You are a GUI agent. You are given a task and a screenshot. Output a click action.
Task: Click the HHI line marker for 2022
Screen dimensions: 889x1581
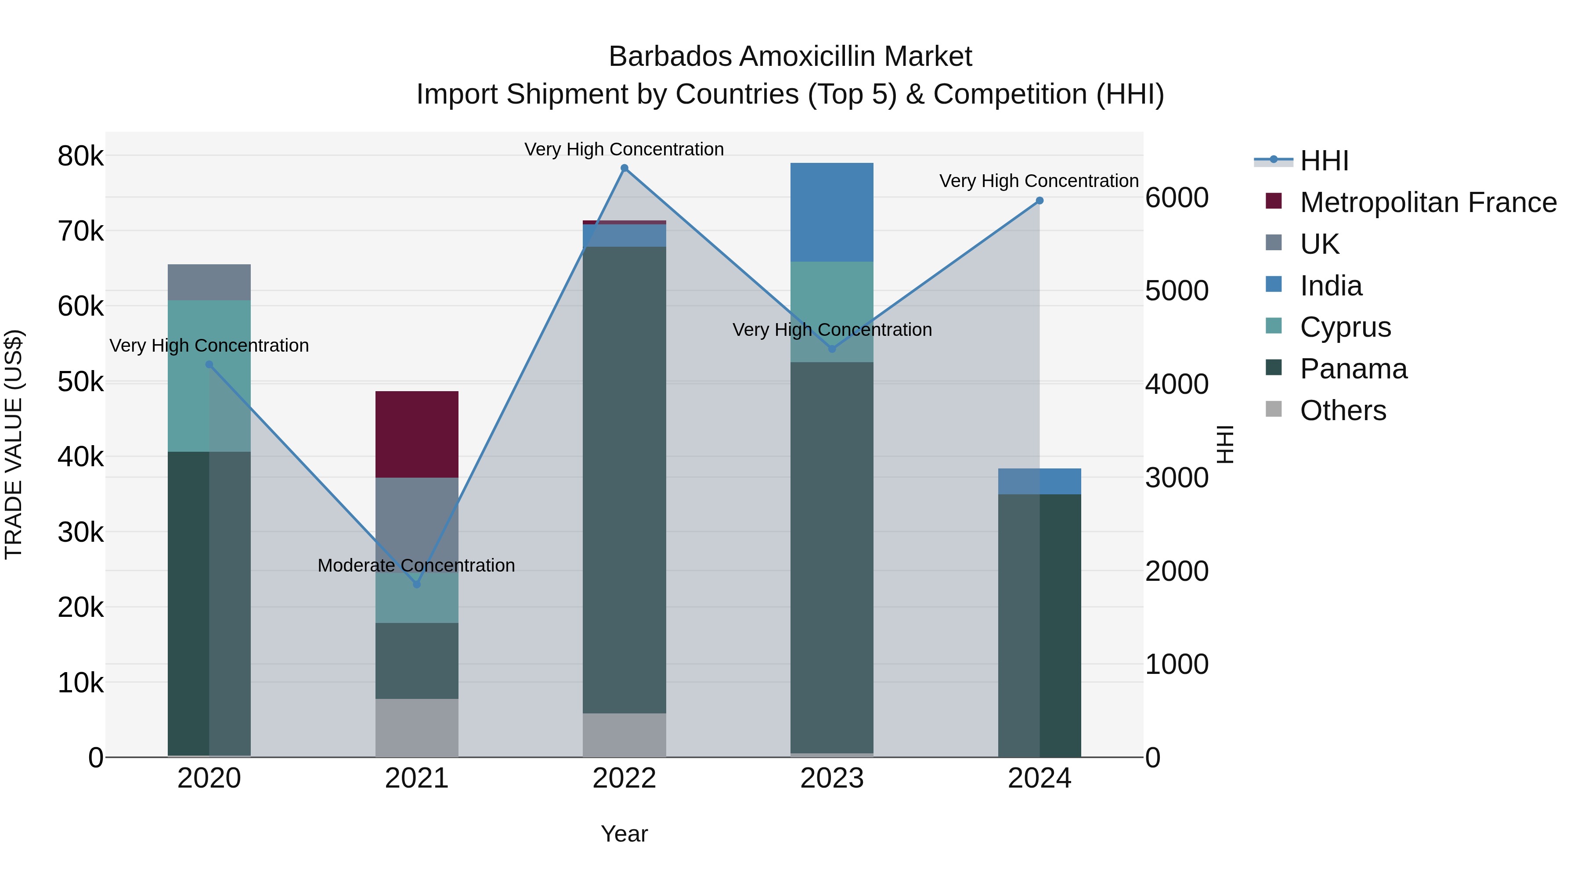coord(624,168)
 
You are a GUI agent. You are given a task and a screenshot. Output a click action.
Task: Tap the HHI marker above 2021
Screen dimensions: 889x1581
coord(417,584)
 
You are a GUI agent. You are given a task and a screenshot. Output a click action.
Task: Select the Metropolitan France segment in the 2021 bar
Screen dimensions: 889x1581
coord(417,434)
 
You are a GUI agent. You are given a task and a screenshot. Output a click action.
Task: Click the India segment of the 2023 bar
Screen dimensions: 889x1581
coord(832,212)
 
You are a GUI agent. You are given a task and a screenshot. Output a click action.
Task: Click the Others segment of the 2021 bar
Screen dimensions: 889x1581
coord(417,727)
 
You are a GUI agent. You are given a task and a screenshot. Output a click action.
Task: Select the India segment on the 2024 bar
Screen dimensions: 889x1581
coord(1039,482)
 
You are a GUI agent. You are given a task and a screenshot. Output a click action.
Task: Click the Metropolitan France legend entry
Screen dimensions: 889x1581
coord(1428,202)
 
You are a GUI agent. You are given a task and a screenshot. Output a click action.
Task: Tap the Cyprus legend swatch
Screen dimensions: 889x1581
coord(1274,326)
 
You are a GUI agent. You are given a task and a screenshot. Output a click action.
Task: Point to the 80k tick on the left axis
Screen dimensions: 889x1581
coord(80,156)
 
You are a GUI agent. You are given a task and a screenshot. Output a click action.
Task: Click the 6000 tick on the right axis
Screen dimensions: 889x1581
coord(1177,198)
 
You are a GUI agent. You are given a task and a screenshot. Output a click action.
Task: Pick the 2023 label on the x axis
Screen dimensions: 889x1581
coord(832,778)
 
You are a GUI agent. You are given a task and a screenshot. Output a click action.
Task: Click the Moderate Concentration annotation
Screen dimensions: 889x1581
coord(416,565)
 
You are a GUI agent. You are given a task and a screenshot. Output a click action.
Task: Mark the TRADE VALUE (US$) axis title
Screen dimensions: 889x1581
coord(14,444)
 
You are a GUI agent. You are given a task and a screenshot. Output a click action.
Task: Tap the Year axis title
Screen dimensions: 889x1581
coord(624,834)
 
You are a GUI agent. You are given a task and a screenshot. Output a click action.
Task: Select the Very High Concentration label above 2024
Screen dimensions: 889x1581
coord(1039,181)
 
